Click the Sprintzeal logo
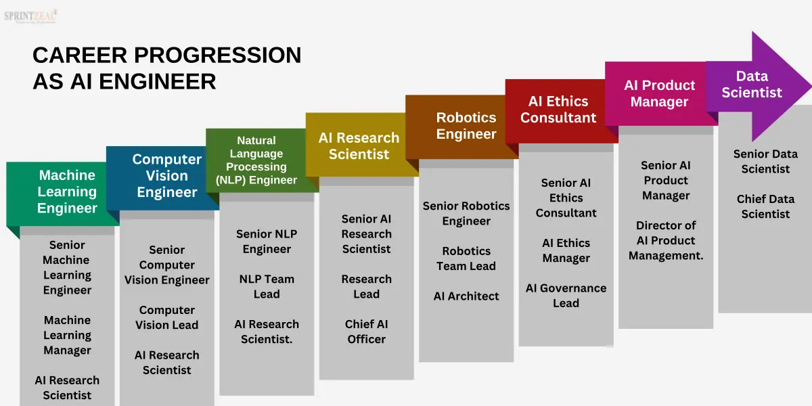[31, 16]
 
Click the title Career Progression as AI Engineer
[166, 68]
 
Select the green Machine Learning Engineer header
[67, 192]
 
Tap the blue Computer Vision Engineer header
[166, 176]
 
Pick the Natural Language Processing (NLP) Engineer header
[256, 160]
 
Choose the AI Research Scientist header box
[359, 146]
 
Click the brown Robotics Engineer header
[466, 126]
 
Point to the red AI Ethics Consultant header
[558, 110]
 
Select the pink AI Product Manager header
[659, 93]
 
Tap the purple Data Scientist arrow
[752, 85]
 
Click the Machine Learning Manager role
[67, 335]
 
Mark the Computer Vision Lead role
[166, 317]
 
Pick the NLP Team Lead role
[267, 286]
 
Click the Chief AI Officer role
[366, 332]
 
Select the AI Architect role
[466, 296]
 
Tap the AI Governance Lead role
[566, 296]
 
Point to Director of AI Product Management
[666, 240]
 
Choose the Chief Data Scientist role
[765, 206]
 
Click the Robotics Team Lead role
[466, 258]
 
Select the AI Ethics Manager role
[566, 250]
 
